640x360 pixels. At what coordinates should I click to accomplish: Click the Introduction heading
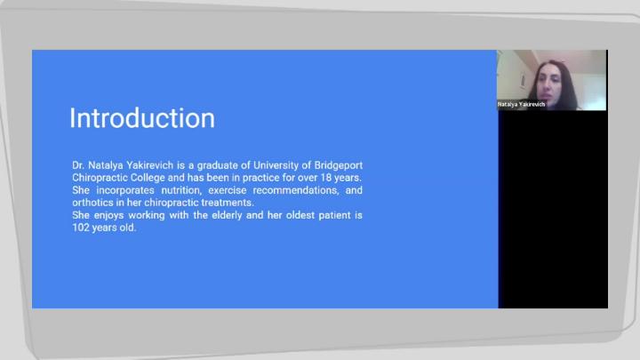coord(142,118)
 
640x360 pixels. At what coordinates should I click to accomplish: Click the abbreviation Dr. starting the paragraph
coord(78,165)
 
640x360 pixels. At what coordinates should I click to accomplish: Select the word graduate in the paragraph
coord(217,165)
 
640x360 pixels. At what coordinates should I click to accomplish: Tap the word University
coord(276,165)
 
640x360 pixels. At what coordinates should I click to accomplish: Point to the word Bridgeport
coord(339,165)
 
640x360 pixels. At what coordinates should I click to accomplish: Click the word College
coord(148,178)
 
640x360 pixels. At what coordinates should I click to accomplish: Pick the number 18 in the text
coord(326,178)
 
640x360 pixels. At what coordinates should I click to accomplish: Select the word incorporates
coord(125,190)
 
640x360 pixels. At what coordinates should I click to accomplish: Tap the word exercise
coord(228,190)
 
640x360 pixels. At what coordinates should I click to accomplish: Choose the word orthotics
coord(92,203)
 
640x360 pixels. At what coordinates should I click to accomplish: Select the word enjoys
coord(109,215)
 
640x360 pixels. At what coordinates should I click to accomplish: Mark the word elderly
coord(228,215)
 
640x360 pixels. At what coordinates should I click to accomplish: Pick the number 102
coord(81,228)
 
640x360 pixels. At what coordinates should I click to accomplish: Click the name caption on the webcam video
coord(521,105)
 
